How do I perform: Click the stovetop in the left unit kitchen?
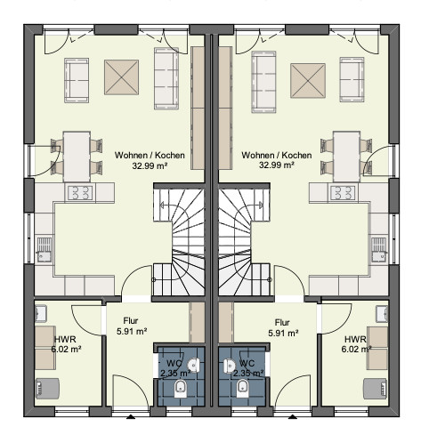pos(80,192)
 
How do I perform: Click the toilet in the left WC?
pos(180,388)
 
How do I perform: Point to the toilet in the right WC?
pos(242,388)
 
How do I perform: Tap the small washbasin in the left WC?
pos(194,365)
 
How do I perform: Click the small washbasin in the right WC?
pos(229,365)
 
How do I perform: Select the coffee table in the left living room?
pos(121,77)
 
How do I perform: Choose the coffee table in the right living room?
pos(308,80)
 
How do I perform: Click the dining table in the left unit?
pos(77,157)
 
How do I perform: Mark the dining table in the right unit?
pos(347,157)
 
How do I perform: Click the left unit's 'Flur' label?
pos(131,321)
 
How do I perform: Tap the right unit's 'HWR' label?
pos(355,339)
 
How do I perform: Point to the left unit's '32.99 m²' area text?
pos(150,165)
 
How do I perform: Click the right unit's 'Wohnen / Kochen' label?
pos(277,155)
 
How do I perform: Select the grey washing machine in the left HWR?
pos(47,389)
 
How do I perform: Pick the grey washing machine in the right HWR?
pos(376,389)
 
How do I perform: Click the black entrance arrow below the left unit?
pos(131,417)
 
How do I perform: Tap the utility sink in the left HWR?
pos(41,314)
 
